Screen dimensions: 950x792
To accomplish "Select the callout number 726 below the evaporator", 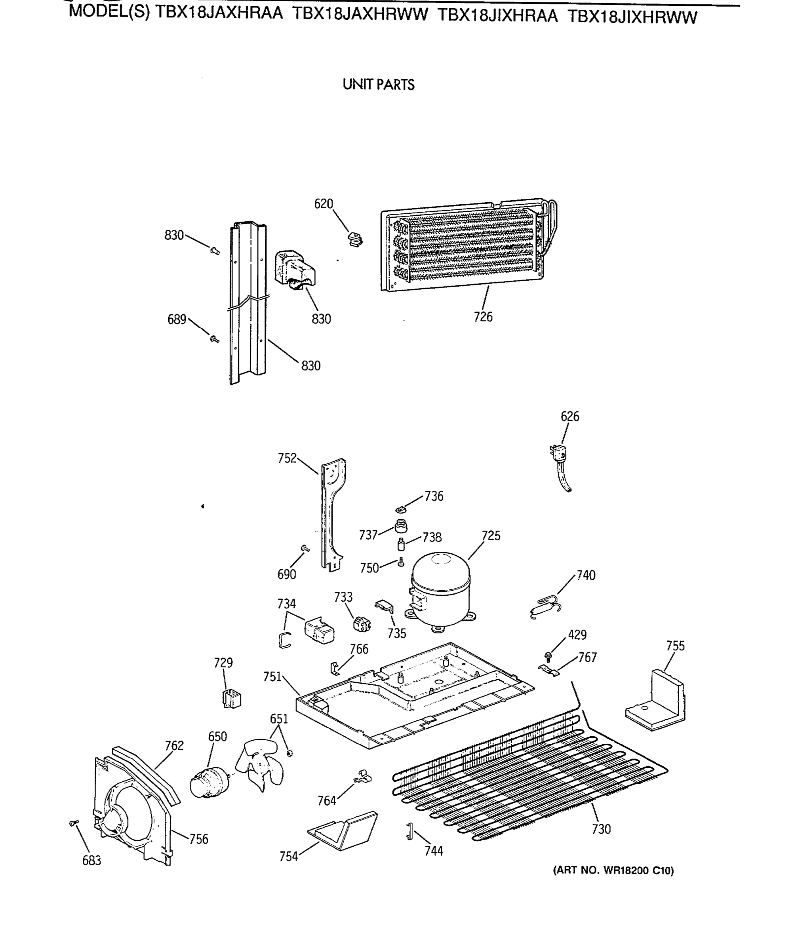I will pos(483,317).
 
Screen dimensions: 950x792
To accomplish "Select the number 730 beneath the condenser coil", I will pos(601,829).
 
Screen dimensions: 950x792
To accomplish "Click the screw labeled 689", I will pos(214,338).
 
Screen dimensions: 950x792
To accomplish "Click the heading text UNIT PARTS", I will pos(378,85).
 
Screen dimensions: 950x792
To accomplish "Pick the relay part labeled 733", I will pos(362,625).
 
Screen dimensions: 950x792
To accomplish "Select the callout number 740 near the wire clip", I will pos(586,575).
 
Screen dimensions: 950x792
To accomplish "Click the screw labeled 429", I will pos(548,655).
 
